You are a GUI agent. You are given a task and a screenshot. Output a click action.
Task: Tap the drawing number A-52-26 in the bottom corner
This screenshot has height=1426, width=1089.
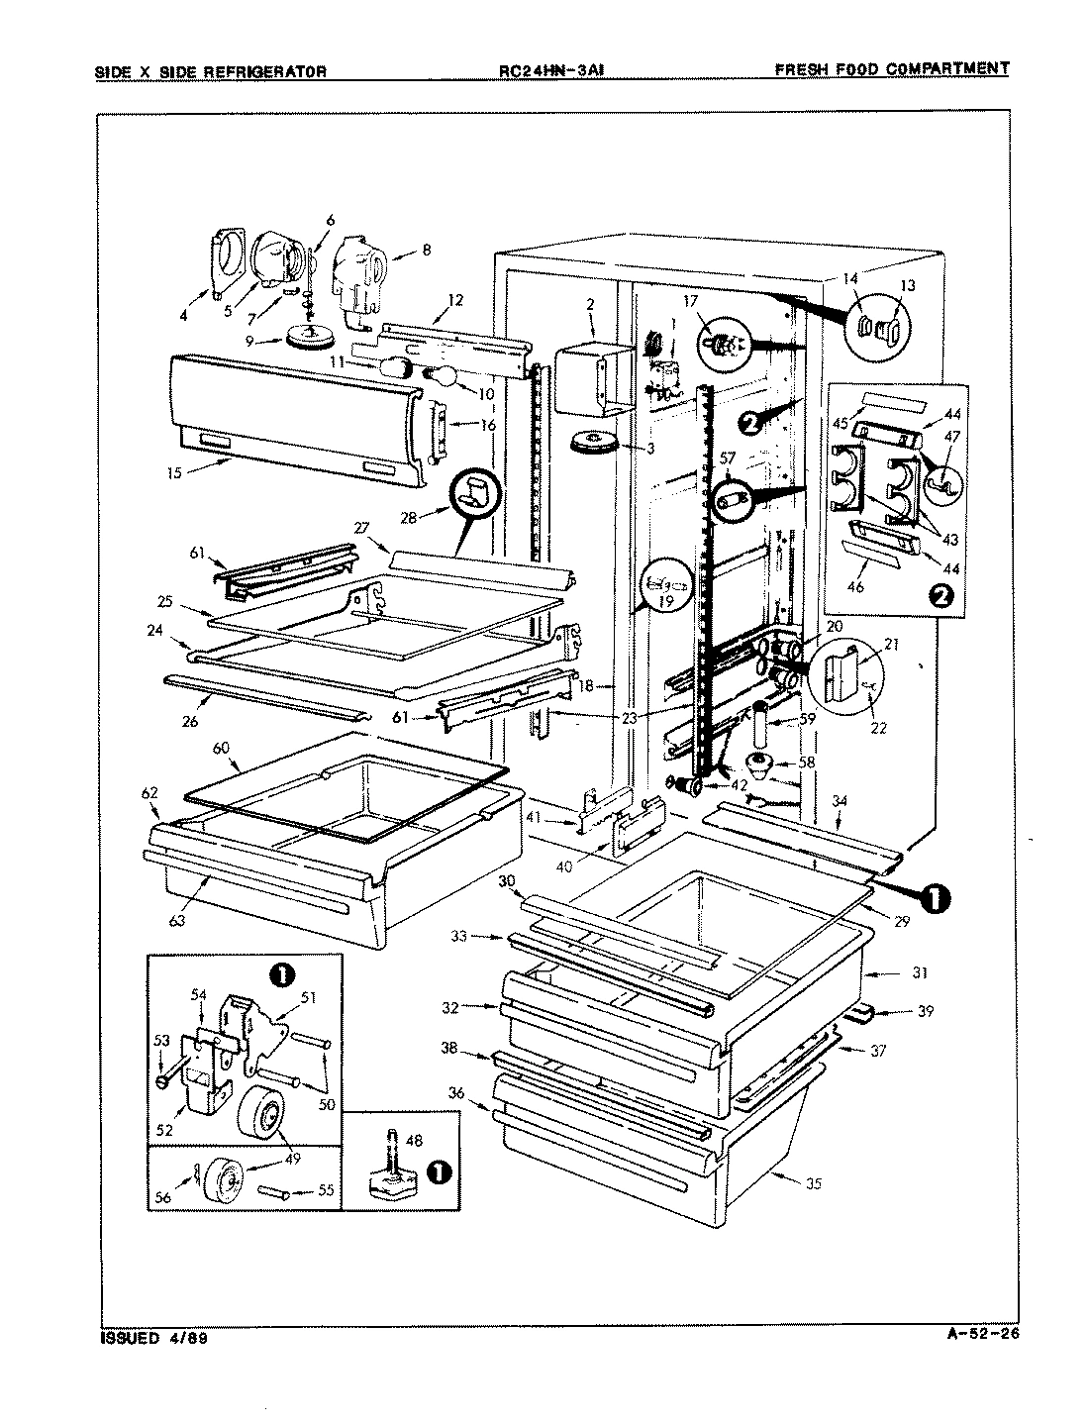coord(975,1332)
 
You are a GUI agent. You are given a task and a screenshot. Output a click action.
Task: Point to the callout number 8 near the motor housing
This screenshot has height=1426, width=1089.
coord(426,251)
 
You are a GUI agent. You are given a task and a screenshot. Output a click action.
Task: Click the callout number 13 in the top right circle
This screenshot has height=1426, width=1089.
coord(908,285)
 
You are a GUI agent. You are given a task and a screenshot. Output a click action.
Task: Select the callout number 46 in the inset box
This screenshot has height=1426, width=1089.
coord(855,586)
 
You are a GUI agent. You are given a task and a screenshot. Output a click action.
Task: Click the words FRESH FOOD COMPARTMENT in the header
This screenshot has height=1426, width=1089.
coord(891,69)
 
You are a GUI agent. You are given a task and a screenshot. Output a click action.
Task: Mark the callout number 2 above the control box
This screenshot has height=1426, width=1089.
coord(589,303)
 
